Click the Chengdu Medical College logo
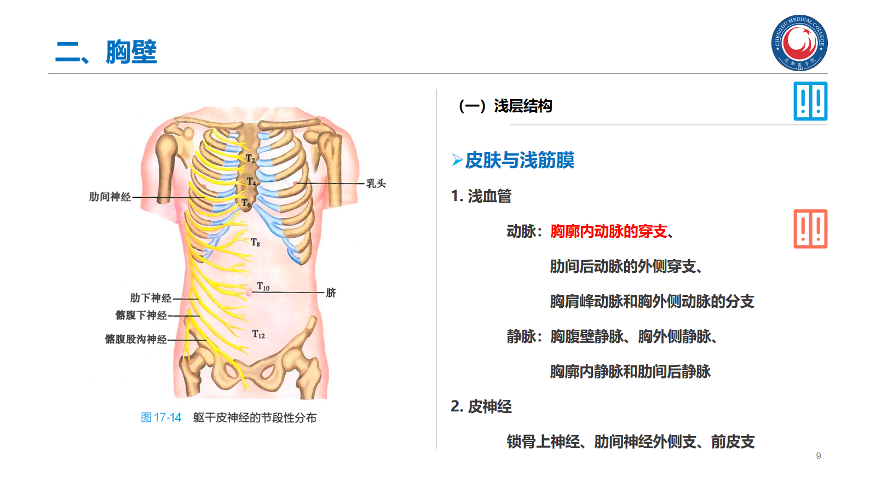click(799, 43)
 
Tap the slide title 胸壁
click(131, 53)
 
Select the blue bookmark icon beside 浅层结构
click(810, 101)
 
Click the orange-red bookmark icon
click(810, 229)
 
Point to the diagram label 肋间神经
click(110, 197)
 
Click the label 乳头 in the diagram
click(376, 184)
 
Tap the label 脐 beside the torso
click(331, 293)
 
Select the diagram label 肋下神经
click(151, 298)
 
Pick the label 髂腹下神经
click(141, 315)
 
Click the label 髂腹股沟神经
click(136, 339)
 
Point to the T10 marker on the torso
click(263, 286)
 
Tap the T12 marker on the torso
click(258, 334)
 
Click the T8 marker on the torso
click(255, 242)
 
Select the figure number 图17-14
click(161, 417)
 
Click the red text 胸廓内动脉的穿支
click(609, 231)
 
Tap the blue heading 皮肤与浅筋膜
click(520, 160)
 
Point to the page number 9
click(819, 456)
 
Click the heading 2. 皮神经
click(481, 406)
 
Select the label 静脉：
click(525, 336)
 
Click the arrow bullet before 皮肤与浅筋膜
click(457, 160)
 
